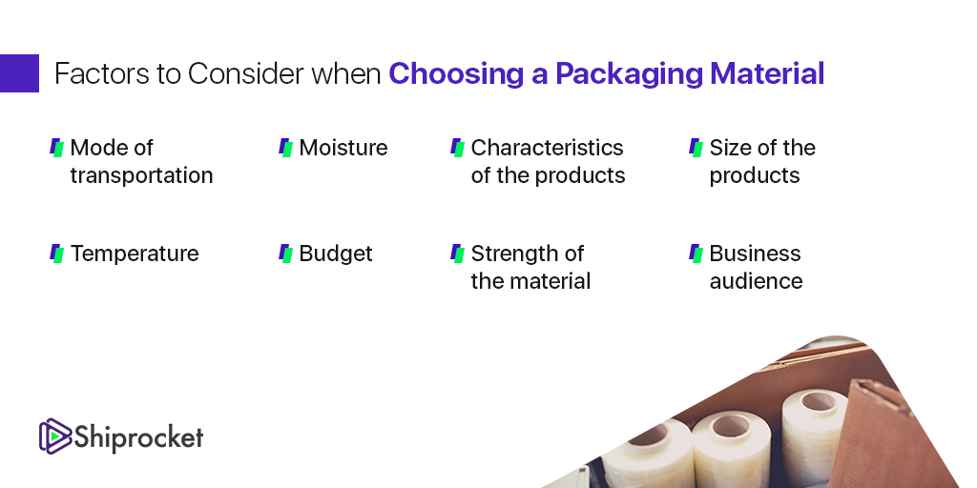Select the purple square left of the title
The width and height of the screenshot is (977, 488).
19,73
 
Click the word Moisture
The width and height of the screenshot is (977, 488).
343,148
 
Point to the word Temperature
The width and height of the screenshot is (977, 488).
135,254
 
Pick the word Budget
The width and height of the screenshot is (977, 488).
336,254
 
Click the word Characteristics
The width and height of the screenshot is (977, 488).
547,148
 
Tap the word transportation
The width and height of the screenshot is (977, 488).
141,175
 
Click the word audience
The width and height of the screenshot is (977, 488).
756,281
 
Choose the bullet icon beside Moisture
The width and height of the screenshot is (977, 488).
285,148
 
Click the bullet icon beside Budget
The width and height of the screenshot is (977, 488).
285,254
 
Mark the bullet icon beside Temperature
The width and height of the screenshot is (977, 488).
56,254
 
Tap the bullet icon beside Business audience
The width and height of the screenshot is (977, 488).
696,254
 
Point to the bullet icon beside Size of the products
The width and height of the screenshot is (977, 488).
696,148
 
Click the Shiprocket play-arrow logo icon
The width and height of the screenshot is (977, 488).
55,436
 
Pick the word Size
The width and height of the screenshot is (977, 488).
730,148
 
